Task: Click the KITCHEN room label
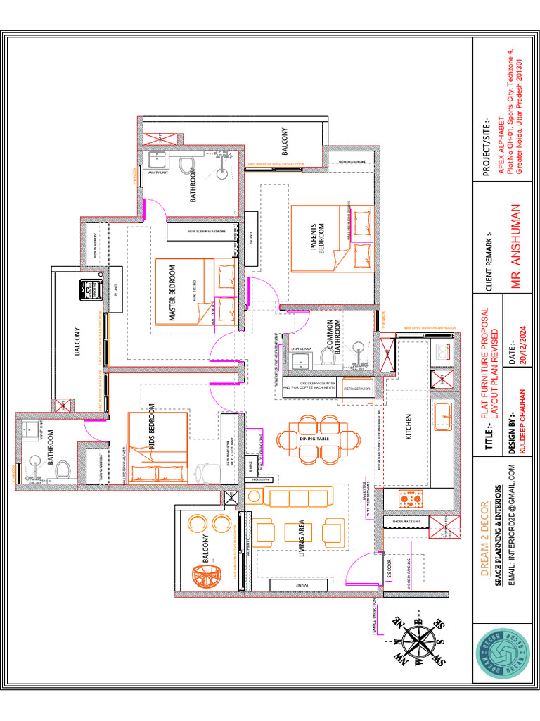click(x=409, y=427)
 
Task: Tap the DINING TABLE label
click(x=314, y=439)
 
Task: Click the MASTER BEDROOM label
click(x=173, y=294)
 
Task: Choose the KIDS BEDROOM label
click(x=151, y=427)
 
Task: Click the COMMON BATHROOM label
click(x=333, y=336)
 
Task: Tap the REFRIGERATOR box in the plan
click(x=357, y=388)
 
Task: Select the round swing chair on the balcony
click(x=202, y=581)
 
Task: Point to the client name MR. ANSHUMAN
click(x=517, y=247)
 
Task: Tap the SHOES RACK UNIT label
click(x=406, y=521)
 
